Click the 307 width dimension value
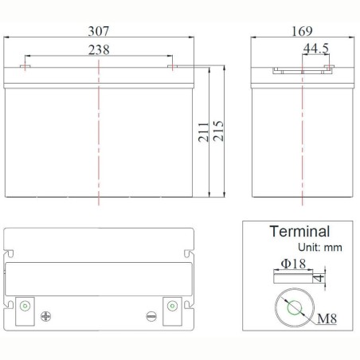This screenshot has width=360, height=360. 99,31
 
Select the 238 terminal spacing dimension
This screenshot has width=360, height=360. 99,49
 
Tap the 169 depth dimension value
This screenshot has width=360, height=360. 302,31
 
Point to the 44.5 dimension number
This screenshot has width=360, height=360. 316,49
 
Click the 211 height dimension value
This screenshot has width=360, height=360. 204,132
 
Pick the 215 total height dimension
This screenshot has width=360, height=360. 218,131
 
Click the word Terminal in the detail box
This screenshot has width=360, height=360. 299,231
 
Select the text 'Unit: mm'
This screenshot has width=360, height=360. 320,248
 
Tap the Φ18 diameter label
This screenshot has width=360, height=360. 293,264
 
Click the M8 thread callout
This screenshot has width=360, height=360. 327,319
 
